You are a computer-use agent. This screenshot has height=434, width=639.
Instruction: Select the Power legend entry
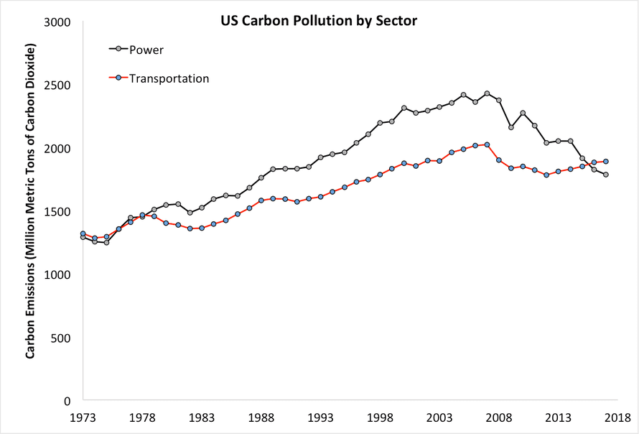(147, 50)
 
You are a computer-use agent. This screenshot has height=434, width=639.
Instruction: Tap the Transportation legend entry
(169, 78)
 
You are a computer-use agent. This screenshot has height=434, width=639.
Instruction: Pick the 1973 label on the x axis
(83, 417)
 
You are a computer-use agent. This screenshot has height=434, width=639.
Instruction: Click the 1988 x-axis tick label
(262, 417)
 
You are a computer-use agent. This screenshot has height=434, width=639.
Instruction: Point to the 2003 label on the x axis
(439, 417)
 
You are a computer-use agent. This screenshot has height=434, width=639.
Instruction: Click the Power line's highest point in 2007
(487, 93)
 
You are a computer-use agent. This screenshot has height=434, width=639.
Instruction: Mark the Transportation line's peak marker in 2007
(487, 144)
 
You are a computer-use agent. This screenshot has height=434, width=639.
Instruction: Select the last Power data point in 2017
(606, 175)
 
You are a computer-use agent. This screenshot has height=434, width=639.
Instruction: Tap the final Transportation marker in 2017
(606, 162)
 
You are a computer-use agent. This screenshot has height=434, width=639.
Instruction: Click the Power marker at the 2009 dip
(510, 127)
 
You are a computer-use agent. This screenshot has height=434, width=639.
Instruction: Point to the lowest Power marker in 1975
(106, 242)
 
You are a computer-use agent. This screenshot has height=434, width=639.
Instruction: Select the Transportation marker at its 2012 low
(546, 175)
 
